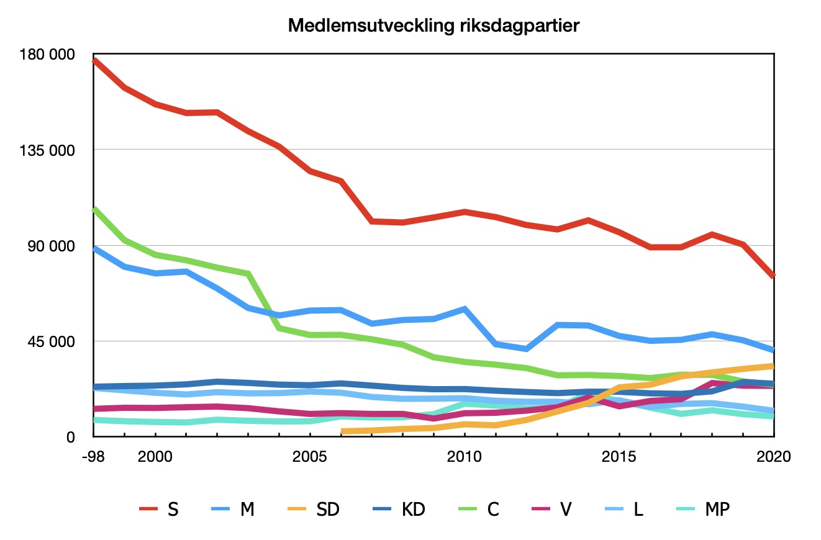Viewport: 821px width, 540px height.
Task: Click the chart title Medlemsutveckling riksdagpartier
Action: point(434,26)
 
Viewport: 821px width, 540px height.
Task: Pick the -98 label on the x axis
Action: point(93,457)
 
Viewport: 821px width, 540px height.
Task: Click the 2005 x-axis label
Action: point(309,457)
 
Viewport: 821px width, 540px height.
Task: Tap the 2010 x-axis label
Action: point(465,457)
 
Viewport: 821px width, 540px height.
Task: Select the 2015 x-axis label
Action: point(619,457)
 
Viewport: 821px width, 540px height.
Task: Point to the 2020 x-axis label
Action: point(774,457)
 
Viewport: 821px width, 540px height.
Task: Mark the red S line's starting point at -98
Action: point(93,60)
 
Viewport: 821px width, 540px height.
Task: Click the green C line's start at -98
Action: point(93,209)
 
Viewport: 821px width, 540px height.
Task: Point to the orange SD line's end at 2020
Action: point(773,366)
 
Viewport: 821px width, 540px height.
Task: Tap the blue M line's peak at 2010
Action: point(465,308)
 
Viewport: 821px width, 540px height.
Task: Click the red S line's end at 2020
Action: point(773,276)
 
